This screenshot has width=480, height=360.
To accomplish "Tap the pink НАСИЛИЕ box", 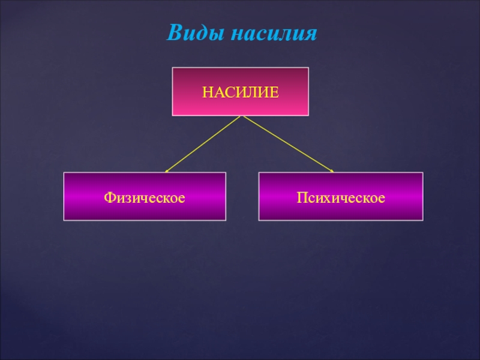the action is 241,91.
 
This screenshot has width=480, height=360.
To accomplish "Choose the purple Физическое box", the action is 145,196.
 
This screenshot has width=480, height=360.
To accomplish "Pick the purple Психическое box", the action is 341,196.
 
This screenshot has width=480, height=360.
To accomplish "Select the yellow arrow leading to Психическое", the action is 287,143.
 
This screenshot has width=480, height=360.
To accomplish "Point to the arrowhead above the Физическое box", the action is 167,170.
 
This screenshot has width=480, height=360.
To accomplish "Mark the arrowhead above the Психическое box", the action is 332,170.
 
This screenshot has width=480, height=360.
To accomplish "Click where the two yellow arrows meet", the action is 241,116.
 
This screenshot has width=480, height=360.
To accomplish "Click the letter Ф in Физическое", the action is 109,196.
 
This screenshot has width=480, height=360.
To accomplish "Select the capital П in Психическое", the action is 300,196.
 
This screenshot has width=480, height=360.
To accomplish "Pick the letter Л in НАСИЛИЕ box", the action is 252,92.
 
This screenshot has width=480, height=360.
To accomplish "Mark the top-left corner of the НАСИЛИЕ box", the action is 173,68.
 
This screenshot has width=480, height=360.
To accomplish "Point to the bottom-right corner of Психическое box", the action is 422,220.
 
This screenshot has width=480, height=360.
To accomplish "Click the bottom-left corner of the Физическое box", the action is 64,220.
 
